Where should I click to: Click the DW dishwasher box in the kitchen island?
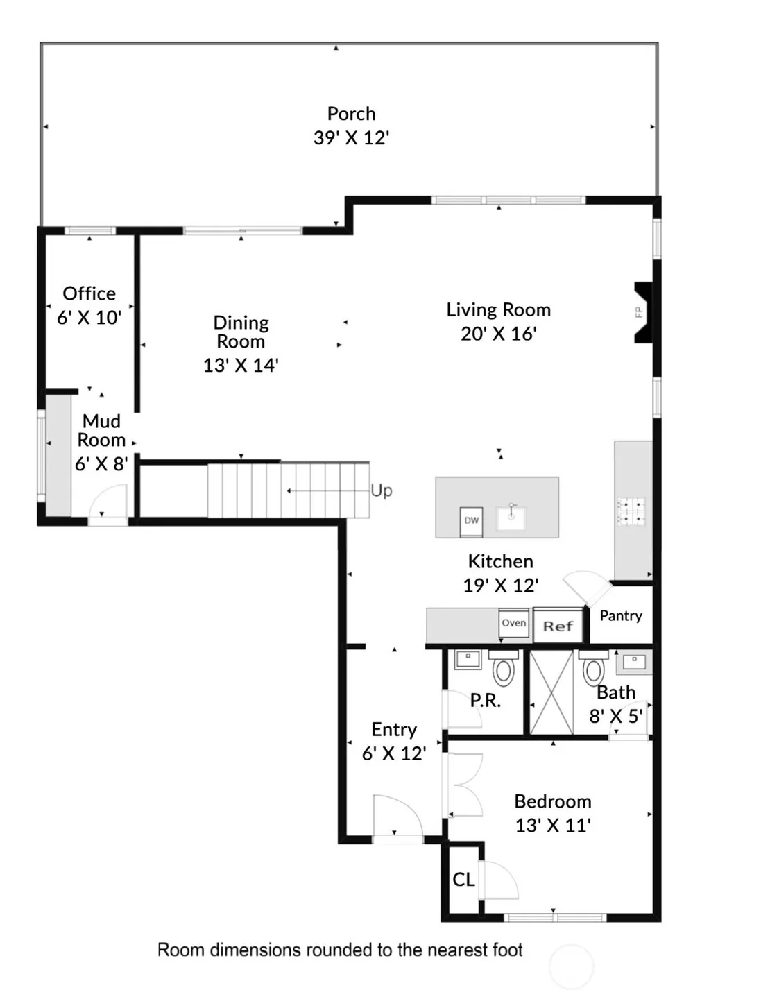click(470, 521)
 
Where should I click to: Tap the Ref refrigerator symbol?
click(558, 625)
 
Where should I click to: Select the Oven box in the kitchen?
click(514, 622)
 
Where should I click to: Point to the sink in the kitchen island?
click(511, 518)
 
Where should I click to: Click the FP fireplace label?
click(638, 311)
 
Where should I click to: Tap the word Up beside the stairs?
click(382, 490)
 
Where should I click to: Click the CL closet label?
click(463, 879)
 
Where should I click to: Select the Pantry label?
click(621, 616)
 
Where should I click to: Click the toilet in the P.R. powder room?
click(504, 667)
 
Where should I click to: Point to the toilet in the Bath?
click(594, 667)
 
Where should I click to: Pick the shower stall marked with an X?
click(551, 692)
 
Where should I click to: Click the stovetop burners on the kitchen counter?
click(631, 511)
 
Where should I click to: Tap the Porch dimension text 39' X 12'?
click(352, 137)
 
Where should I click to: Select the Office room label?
click(89, 293)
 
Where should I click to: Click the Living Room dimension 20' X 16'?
click(499, 334)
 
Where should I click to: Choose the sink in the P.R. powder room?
click(468, 660)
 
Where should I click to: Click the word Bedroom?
click(553, 801)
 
